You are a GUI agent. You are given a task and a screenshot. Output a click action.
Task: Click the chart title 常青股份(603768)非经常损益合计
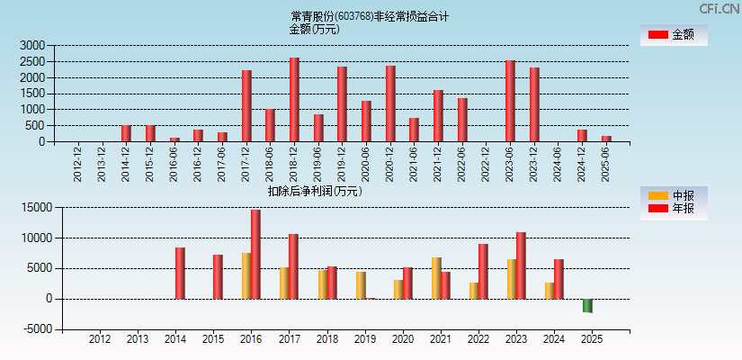[370, 16]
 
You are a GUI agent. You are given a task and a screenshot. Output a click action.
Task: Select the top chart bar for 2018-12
[294, 100]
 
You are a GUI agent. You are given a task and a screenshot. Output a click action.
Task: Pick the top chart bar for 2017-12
[246, 106]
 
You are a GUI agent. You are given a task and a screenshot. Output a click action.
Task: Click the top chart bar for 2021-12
[438, 116]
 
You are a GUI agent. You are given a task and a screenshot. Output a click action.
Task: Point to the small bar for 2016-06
[174, 139]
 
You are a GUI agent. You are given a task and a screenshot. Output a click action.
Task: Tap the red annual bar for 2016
[255, 255]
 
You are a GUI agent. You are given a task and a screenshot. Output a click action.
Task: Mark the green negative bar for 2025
[587, 305]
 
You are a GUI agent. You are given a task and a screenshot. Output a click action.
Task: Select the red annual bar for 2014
[180, 273]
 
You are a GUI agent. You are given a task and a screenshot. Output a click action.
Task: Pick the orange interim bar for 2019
[361, 285]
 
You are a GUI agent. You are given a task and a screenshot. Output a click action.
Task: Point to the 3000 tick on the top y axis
[32, 45]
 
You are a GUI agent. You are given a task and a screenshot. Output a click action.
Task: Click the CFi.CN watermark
[720, 9]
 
